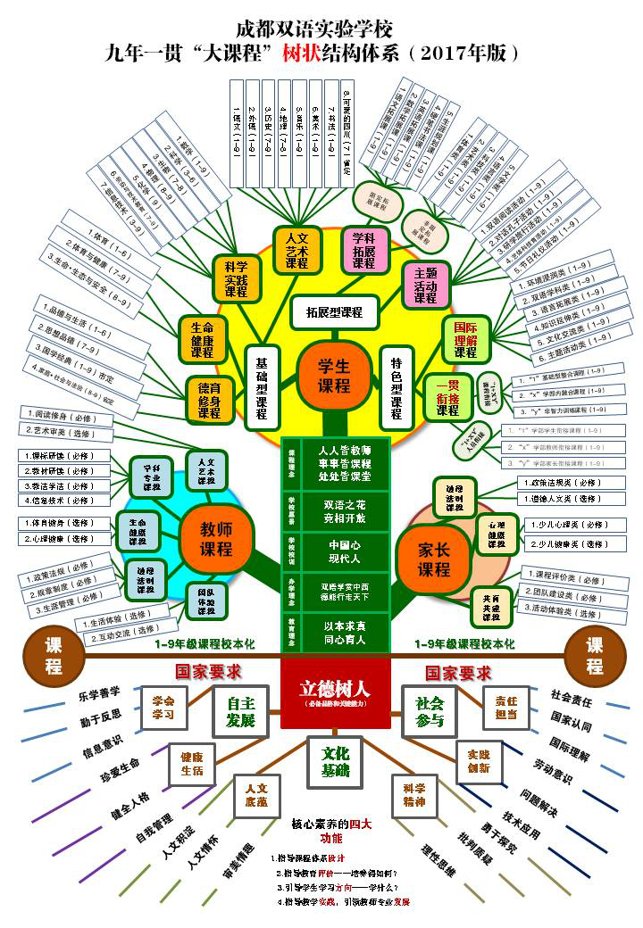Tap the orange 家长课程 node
pyautogui.click(x=435, y=558)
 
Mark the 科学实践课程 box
pyautogui.click(x=237, y=278)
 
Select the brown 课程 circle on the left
pyautogui.click(x=54, y=654)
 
